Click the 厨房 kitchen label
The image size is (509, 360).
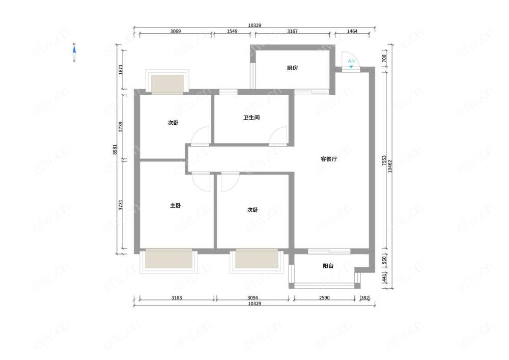pyautogui.click(x=292, y=68)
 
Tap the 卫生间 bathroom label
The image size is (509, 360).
pyautogui.click(x=251, y=118)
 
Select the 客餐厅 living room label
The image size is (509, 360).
pyautogui.click(x=328, y=159)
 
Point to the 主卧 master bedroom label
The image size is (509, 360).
pyautogui.click(x=175, y=206)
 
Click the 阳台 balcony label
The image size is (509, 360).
pyautogui.click(x=328, y=266)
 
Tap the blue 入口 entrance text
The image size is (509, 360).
pyautogui.click(x=351, y=61)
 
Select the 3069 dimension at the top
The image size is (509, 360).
pyautogui.click(x=175, y=31)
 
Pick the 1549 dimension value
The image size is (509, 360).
pyautogui.click(x=232, y=31)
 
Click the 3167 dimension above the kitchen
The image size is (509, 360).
pyautogui.click(x=292, y=31)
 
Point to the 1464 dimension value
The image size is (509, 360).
pyautogui.click(x=352, y=31)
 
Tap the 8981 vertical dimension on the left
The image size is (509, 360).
pyautogui.click(x=115, y=149)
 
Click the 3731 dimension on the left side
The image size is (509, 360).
pyautogui.click(x=121, y=205)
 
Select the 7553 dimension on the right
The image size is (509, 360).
pyautogui.click(x=384, y=160)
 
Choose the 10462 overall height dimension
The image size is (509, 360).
pyautogui.click(x=390, y=166)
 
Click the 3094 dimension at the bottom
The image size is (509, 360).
pyautogui.click(x=252, y=298)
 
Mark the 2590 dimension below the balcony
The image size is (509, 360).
pyautogui.click(x=324, y=298)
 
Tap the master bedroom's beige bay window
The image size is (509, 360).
pyautogui.click(x=168, y=258)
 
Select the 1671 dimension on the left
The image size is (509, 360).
pyautogui.click(x=121, y=70)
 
